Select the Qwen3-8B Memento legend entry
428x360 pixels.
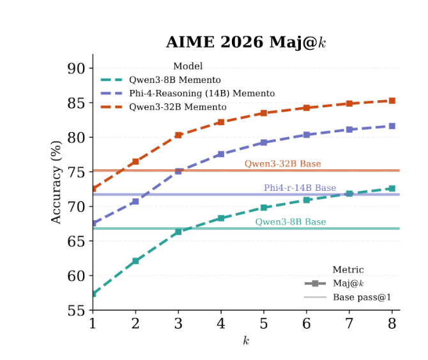pyautogui.click(x=174, y=80)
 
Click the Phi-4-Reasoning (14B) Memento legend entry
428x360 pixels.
pyautogui.click(x=202, y=93)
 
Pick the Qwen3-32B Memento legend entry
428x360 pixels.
pyautogui.click(x=178, y=107)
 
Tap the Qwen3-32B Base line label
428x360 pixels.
pyautogui.click(x=282, y=164)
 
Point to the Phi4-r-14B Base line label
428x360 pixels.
pyautogui.click(x=300, y=188)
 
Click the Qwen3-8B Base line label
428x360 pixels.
pyautogui.click(x=291, y=222)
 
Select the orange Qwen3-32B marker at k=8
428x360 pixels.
pyautogui.click(x=392, y=101)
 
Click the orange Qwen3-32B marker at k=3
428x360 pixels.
pyautogui.click(x=178, y=135)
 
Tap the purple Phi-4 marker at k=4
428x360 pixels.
pyautogui.click(x=221, y=154)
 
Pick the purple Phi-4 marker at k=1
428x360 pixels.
pyautogui.click(x=93, y=223)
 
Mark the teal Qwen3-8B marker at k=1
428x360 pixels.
pyautogui.click(x=93, y=294)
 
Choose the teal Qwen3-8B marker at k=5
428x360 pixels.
pyautogui.click(x=264, y=207)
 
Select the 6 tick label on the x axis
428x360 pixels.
pyautogui.click(x=307, y=324)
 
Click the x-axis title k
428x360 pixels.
pyautogui.click(x=246, y=341)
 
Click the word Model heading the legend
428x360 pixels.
pyautogui.click(x=188, y=66)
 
